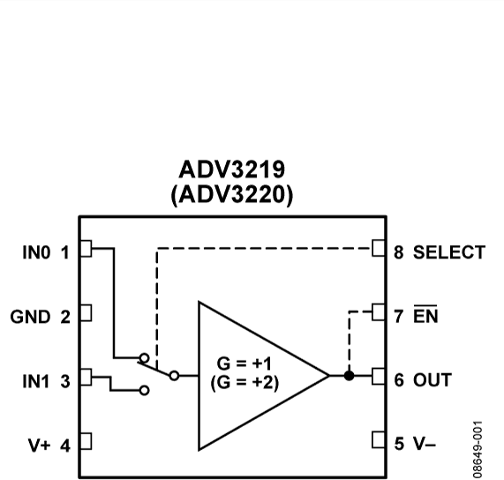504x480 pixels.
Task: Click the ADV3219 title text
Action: point(233,169)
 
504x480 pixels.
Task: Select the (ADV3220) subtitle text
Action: point(233,194)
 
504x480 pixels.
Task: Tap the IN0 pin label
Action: point(37,252)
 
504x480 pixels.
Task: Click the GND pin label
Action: point(30,317)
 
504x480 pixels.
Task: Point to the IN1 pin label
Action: point(37,380)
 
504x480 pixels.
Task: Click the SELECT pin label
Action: point(448,252)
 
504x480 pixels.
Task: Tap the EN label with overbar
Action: point(425,315)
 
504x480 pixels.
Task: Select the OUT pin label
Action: point(433,380)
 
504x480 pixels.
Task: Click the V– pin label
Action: point(426,444)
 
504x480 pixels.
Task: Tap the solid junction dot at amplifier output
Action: point(350,376)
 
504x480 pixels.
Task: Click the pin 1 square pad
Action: point(86,249)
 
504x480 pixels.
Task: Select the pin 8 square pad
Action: point(380,249)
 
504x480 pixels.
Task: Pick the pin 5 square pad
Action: point(380,440)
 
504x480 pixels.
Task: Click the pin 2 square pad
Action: point(86,312)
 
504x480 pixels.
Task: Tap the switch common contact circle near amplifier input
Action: point(174,376)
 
